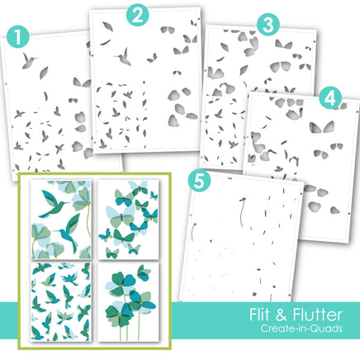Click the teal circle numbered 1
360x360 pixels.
(18, 37)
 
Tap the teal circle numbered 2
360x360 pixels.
(138, 15)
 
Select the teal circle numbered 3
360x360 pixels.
(268, 25)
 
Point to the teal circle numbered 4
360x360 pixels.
(330, 98)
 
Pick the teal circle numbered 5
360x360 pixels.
(200, 181)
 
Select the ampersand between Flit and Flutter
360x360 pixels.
(281, 315)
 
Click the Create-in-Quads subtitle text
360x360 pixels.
(301, 329)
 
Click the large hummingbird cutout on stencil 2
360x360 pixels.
(124, 57)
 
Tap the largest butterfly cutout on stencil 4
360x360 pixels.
(322, 127)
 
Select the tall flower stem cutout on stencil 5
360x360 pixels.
(242, 212)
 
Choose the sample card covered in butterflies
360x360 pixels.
(128, 220)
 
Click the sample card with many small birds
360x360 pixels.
(61, 301)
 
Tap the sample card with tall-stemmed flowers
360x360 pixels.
(128, 301)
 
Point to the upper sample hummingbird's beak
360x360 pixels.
(67, 203)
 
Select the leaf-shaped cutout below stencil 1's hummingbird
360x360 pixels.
(44, 73)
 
